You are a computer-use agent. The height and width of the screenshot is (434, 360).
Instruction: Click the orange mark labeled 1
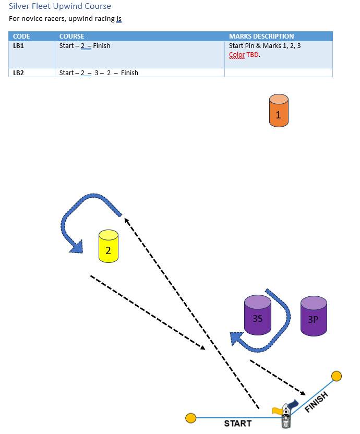point(278,111)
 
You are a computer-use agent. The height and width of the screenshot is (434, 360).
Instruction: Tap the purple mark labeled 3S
point(258,315)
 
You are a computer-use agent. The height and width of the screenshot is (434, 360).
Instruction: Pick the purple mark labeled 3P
point(314,316)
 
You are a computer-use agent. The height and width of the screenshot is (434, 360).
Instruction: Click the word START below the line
point(237,424)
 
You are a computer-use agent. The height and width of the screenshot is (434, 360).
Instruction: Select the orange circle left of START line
point(191,418)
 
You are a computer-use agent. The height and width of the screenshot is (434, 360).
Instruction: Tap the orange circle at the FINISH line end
point(337,376)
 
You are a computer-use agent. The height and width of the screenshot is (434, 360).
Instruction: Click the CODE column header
point(21,37)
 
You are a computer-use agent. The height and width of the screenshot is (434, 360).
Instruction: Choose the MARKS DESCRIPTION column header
point(261,37)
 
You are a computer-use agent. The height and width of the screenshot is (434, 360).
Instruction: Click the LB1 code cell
point(18,46)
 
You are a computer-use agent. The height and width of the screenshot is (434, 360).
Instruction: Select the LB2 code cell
point(18,73)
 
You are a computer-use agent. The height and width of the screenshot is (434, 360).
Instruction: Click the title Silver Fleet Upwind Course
point(60,7)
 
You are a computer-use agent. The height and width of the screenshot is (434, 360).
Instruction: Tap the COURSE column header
point(71,37)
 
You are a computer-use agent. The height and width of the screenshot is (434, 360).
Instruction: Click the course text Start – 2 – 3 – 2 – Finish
point(99,73)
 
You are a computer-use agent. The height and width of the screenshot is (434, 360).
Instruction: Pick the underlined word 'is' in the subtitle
point(119,19)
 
